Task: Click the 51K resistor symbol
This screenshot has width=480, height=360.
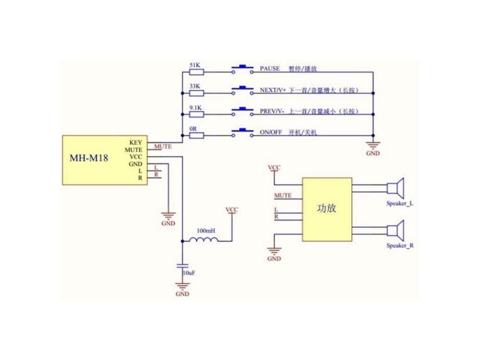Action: [x=196, y=72]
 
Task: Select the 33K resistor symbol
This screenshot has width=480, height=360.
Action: [x=196, y=93]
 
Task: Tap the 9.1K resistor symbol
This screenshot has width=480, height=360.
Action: [x=196, y=114]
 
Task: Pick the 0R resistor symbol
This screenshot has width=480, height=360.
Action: [x=196, y=135]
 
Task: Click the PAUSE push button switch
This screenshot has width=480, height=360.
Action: [x=242, y=69]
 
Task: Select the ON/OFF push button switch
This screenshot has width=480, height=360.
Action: [x=242, y=133]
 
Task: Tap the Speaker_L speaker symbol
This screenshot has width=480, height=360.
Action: [x=396, y=187]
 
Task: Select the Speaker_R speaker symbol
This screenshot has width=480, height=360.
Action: [x=396, y=230]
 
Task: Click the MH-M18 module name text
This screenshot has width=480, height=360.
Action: [x=89, y=158]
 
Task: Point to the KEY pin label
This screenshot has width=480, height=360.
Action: [x=135, y=142]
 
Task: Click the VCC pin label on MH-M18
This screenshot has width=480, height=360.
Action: [x=135, y=157]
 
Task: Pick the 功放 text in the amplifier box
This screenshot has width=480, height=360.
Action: [x=326, y=208]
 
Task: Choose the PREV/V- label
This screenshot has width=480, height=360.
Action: [x=272, y=111]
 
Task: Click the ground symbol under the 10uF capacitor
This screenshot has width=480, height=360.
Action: [x=182, y=286]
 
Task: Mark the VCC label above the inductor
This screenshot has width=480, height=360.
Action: [x=232, y=210]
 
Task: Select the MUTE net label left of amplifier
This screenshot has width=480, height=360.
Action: [x=283, y=195]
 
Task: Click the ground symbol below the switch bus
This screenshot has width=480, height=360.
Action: [x=373, y=145]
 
